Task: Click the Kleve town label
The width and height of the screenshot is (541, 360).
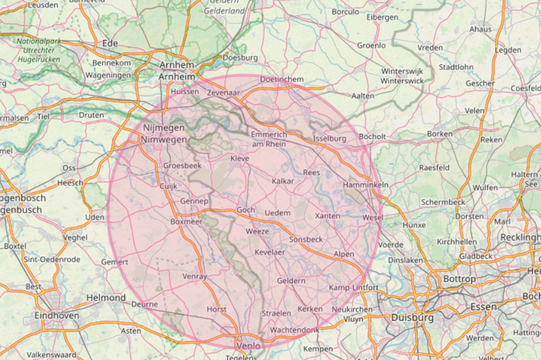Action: click(240, 159)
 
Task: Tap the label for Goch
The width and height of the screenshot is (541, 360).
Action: click(246, 210)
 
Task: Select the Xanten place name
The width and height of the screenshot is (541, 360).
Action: click(328, 215)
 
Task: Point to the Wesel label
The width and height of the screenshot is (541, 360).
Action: click(373, 218)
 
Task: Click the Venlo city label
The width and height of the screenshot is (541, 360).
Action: click(248, 346)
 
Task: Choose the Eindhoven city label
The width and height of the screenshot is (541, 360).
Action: click(56, 315)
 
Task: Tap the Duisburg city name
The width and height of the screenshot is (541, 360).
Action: click(412, 317)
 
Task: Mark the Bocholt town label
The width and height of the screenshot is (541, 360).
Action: click(372, 137)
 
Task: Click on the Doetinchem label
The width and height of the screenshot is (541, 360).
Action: click(282, 80)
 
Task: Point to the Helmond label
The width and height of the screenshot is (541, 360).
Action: click(106, 298)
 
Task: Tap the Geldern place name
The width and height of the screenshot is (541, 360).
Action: click(291, 281)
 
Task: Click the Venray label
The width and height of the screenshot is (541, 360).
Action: click(195, 276)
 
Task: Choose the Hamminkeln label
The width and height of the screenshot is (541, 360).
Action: click(366, 185)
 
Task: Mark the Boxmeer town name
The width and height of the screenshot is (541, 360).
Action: click(186, 221)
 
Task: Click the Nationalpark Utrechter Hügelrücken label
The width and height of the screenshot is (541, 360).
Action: click(38, 50)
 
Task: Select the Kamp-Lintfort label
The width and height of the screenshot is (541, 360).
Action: click(354, 287)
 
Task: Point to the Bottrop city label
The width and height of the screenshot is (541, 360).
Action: click(459, 279)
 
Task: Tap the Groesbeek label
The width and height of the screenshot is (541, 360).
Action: click(182, 166)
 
